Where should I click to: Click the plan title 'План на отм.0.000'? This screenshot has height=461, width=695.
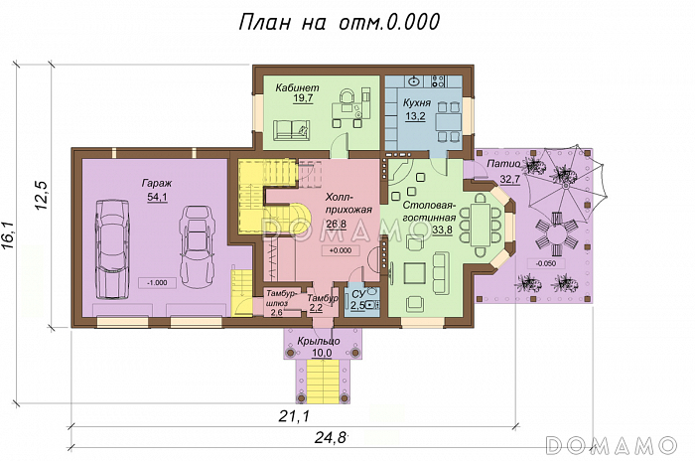340,22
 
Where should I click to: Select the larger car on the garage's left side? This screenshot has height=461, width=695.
113,250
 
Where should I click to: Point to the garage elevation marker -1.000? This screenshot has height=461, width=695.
157,282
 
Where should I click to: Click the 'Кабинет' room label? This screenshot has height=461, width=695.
297,87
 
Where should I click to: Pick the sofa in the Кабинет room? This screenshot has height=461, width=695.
291,130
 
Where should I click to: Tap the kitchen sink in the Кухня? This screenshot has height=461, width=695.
414,81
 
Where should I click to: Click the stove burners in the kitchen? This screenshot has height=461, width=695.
439,80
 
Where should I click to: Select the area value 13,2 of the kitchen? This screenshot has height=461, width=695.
416,116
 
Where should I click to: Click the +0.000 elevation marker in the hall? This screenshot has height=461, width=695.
341,250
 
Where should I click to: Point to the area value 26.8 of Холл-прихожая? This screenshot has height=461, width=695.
337,225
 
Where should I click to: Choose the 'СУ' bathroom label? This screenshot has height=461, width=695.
358,294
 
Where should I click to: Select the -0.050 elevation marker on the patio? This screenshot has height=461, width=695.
545,263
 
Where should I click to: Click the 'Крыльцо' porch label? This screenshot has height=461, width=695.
319,341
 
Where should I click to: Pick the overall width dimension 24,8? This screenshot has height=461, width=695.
331,438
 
